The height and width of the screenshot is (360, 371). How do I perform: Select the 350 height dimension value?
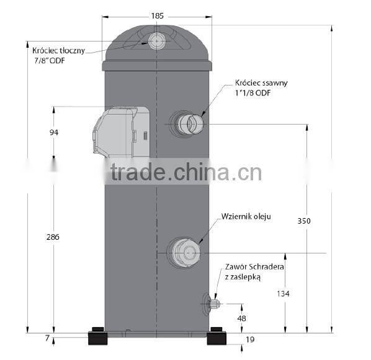tap(304, 221)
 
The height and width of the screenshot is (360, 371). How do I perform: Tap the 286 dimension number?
tap(54, 237)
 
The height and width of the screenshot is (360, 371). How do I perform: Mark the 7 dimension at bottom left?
tap(47, 338)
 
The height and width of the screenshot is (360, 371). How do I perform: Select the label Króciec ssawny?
tap(261, 82)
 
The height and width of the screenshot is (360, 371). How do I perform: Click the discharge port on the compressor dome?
tap(156, 41)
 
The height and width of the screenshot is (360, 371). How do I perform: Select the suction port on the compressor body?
tap(188, 123)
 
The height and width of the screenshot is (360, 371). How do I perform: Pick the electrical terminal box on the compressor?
tap(122, 132)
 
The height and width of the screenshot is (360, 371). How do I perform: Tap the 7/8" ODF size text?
tap(50, 60)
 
